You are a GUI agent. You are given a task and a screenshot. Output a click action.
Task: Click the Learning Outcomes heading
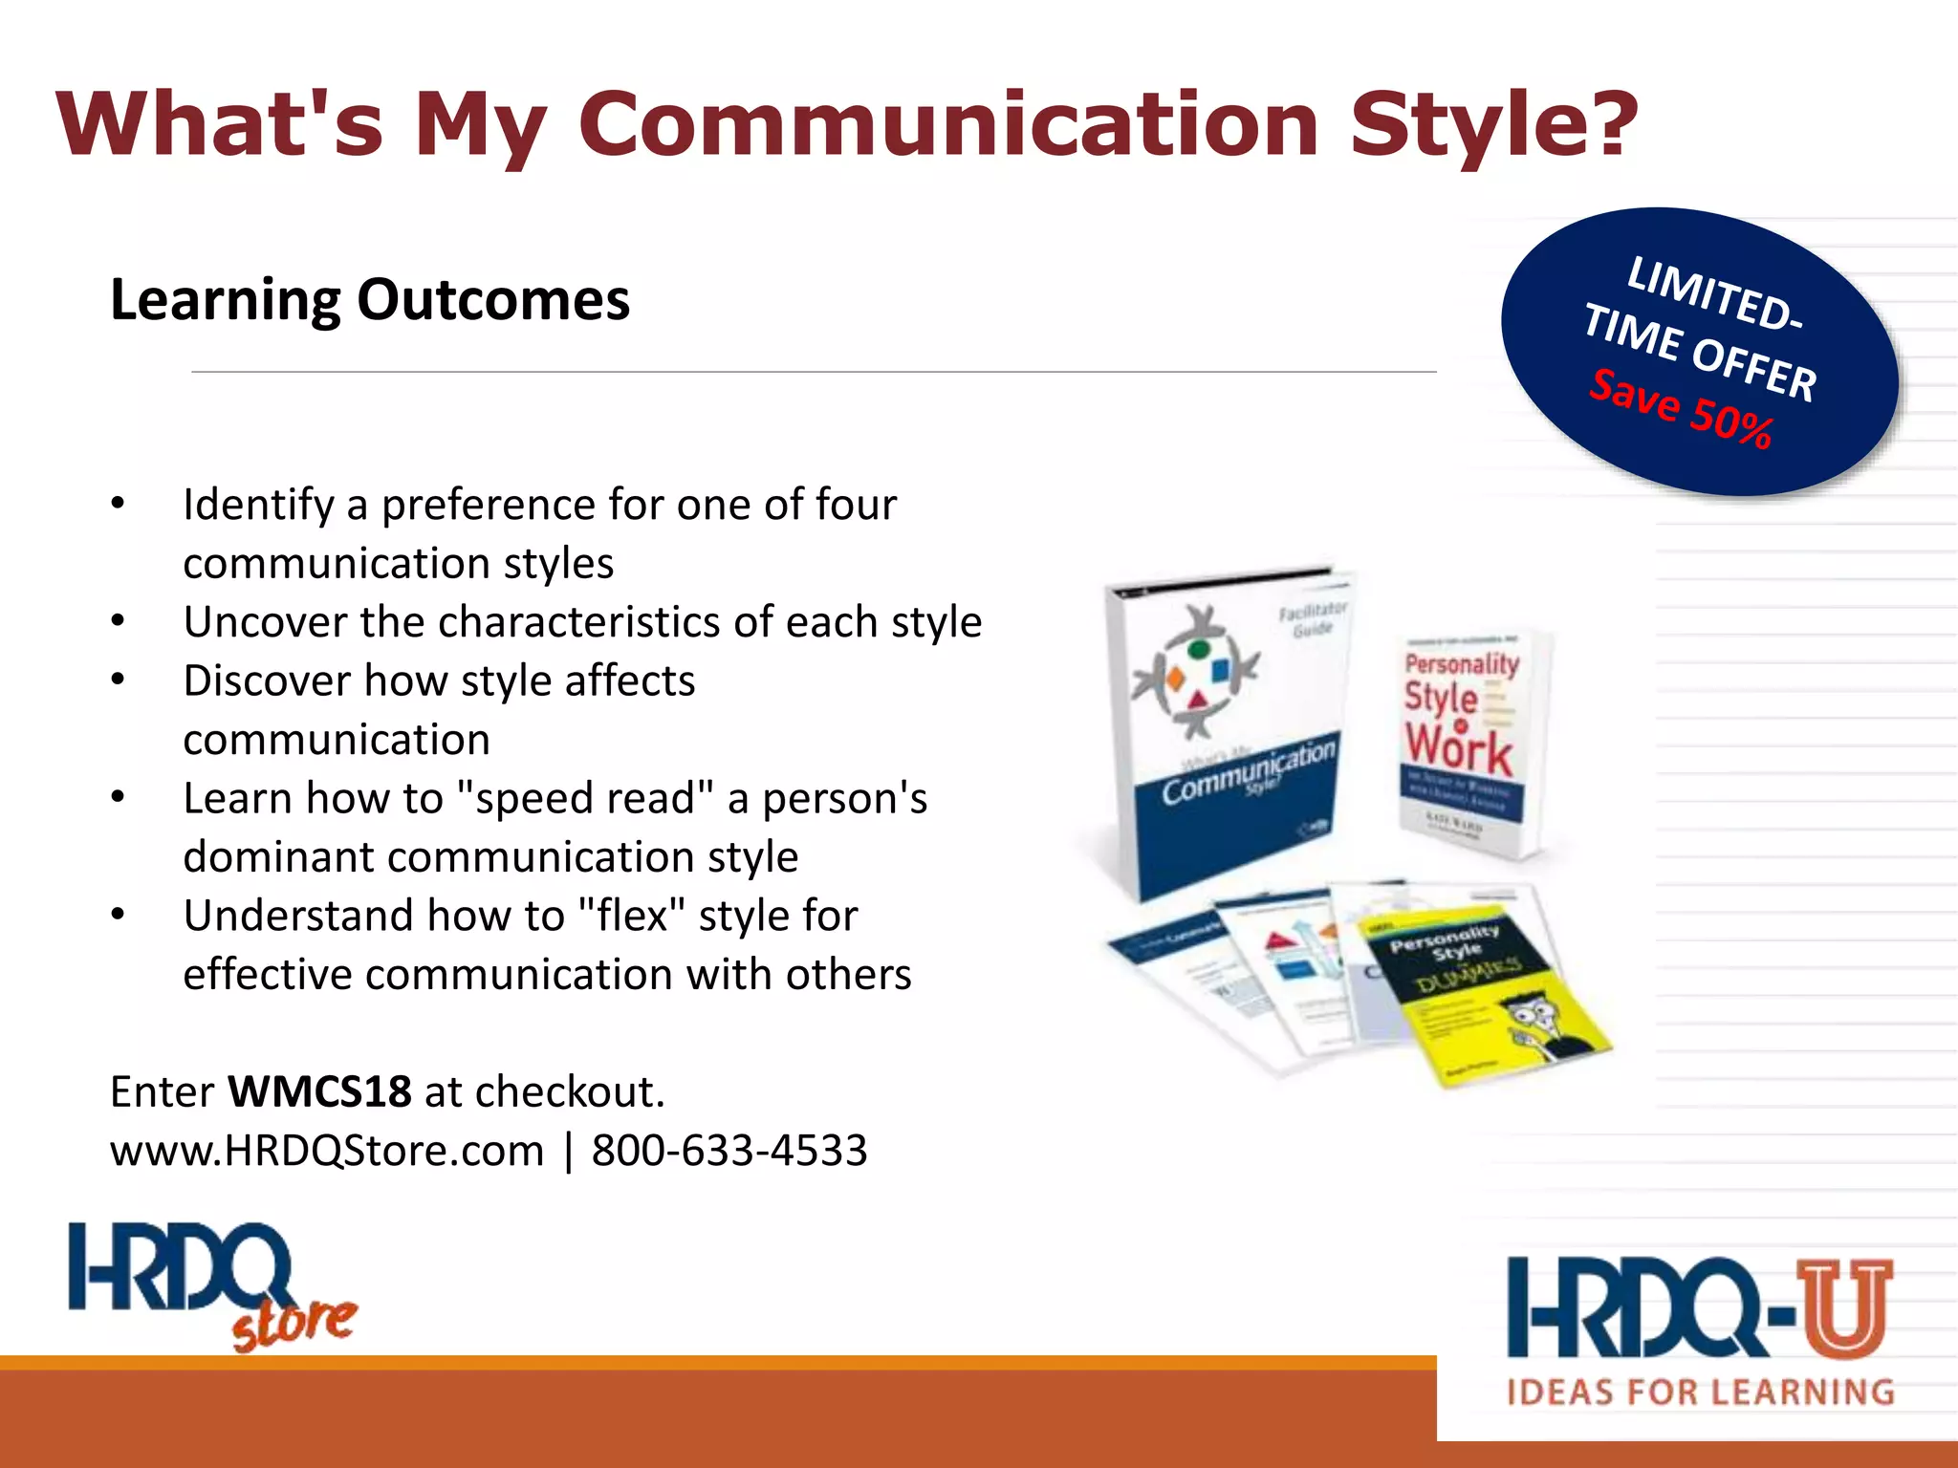pyautogui.click(x=370, y=300)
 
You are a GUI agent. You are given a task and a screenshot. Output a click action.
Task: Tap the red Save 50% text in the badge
pyautogui.click(x=1681, y=408)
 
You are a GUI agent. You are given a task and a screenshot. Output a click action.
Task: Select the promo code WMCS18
pyautogui.click(x=319, y=1091)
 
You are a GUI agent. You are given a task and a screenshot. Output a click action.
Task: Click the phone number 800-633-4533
pyautogui.click(x=729, y=1150)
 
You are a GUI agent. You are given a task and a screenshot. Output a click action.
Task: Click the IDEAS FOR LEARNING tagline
pyautogui.click(x=1700, y=1392)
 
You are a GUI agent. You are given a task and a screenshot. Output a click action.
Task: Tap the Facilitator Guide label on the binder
pyautogui.click(x=1312, y=618)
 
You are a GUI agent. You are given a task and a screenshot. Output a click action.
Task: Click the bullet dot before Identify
pyautogui.click(x=118, y=504)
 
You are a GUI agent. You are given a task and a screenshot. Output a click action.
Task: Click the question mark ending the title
pyautogui.click(x=1612, y=124)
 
